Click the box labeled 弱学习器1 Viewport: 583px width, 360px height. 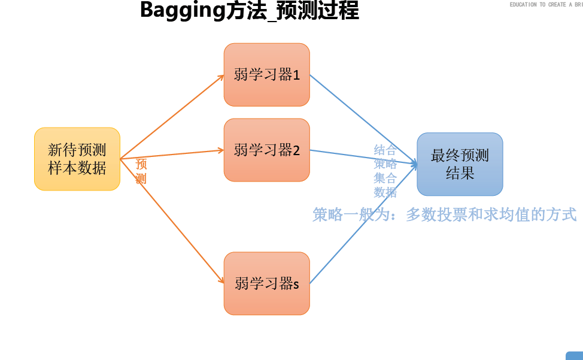pyautogui.click(x=266, y=74)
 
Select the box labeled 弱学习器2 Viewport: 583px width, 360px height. pyautogui.click(x=266, y=150)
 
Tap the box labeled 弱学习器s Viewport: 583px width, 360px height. pyautogui.click(x=266, y=283)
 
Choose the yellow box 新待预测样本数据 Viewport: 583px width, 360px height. pyautogui.click(x=77, y=159)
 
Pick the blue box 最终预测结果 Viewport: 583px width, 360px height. pyautogui.click(x=460, y=164)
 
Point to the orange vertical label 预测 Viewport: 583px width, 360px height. pyautogui.click(x=141, y=171)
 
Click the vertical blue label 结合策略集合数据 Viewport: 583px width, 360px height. pyautogui.click(x=385, y=171)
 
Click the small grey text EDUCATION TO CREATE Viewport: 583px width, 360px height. pyautogui.click(x=539, y=5)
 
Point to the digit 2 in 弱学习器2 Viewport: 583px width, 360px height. pyautogui.click(x=296, y=150)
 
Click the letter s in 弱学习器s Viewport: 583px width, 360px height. pyautogui.click(x=296, y=285)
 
